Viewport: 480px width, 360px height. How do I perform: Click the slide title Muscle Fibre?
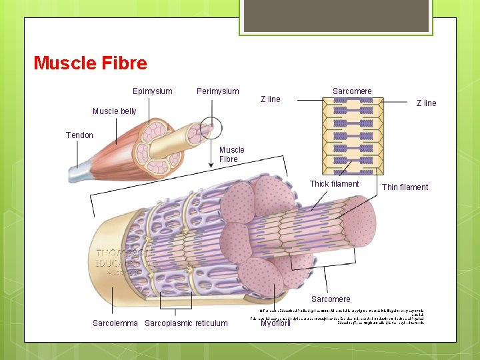[x=90, y=63]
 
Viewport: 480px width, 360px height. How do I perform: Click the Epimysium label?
[x=152, y=91]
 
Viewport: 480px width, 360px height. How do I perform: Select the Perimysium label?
[x=217, y=91]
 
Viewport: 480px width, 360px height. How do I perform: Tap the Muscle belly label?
[x=114, y=111]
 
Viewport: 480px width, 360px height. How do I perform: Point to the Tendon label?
[x=79, y=135]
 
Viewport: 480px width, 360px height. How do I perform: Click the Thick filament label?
[x=334, y=184]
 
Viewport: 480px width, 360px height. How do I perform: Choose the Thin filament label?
[x=405, y=187]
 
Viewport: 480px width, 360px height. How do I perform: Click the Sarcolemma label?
[x=115, y=323]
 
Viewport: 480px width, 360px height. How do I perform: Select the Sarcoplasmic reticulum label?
[x=186, y=323]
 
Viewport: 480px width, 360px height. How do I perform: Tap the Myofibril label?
[x=276, y=324]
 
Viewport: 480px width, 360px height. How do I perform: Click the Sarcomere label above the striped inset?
[x=352, y=91]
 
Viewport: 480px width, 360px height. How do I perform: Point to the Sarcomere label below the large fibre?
[x=331, y=299]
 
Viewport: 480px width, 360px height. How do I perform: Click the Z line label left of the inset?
[x=270, y=99]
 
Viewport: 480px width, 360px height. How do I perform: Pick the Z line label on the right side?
[x=426, y=103]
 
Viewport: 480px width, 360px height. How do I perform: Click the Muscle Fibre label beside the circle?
[x=232, y=155]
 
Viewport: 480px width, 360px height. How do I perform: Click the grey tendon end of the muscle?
[x=79, y=175]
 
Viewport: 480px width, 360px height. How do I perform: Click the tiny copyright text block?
[x=347, y=314]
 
